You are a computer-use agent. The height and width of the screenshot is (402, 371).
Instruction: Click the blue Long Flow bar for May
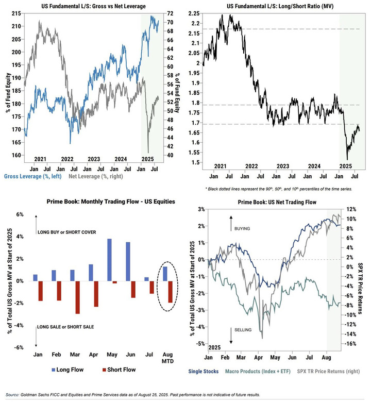tap(109, 260)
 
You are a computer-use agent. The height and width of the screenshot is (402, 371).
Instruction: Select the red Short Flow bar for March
tap(77, 297)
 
